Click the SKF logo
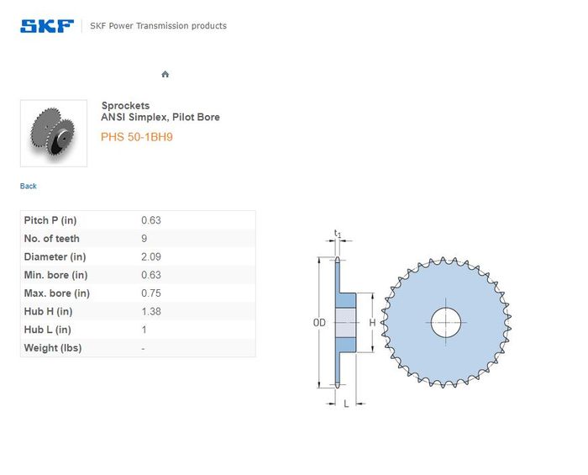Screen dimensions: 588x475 point(47,26)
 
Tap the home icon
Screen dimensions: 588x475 point(165,74)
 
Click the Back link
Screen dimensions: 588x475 point(28,186)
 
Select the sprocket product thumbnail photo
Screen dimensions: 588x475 point(54,133)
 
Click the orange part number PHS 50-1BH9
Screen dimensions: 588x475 point(137,137)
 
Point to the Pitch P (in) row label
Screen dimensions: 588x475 point(50,220)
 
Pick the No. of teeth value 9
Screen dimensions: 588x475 point(144,239)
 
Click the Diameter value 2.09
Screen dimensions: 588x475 point(151,257)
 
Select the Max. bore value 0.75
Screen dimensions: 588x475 point(151,293)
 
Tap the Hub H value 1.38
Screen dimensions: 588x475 point(151,311)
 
